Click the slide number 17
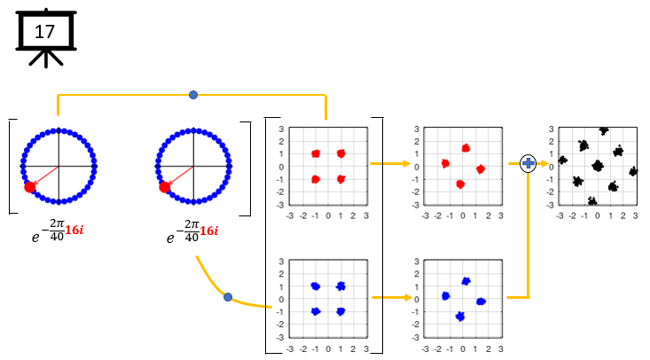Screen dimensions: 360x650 43,32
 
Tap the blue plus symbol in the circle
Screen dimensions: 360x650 529,163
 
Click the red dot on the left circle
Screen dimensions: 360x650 30,186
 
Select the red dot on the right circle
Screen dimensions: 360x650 164,186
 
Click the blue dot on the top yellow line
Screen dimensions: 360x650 193,94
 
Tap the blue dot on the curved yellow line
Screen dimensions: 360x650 228,297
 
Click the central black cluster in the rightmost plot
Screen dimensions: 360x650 597,165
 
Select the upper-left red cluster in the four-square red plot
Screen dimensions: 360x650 316,153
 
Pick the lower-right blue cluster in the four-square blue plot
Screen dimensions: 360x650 341,311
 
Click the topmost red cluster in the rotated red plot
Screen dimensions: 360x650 465,148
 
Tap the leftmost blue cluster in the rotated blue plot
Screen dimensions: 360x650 445,296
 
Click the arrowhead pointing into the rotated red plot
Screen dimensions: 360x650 408,164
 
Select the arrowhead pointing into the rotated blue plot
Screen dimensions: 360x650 408,297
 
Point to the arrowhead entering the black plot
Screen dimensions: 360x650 543,163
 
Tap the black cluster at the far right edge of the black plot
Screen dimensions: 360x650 633,172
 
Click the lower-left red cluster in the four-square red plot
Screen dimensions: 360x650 316,179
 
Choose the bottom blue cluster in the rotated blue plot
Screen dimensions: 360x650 459,316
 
